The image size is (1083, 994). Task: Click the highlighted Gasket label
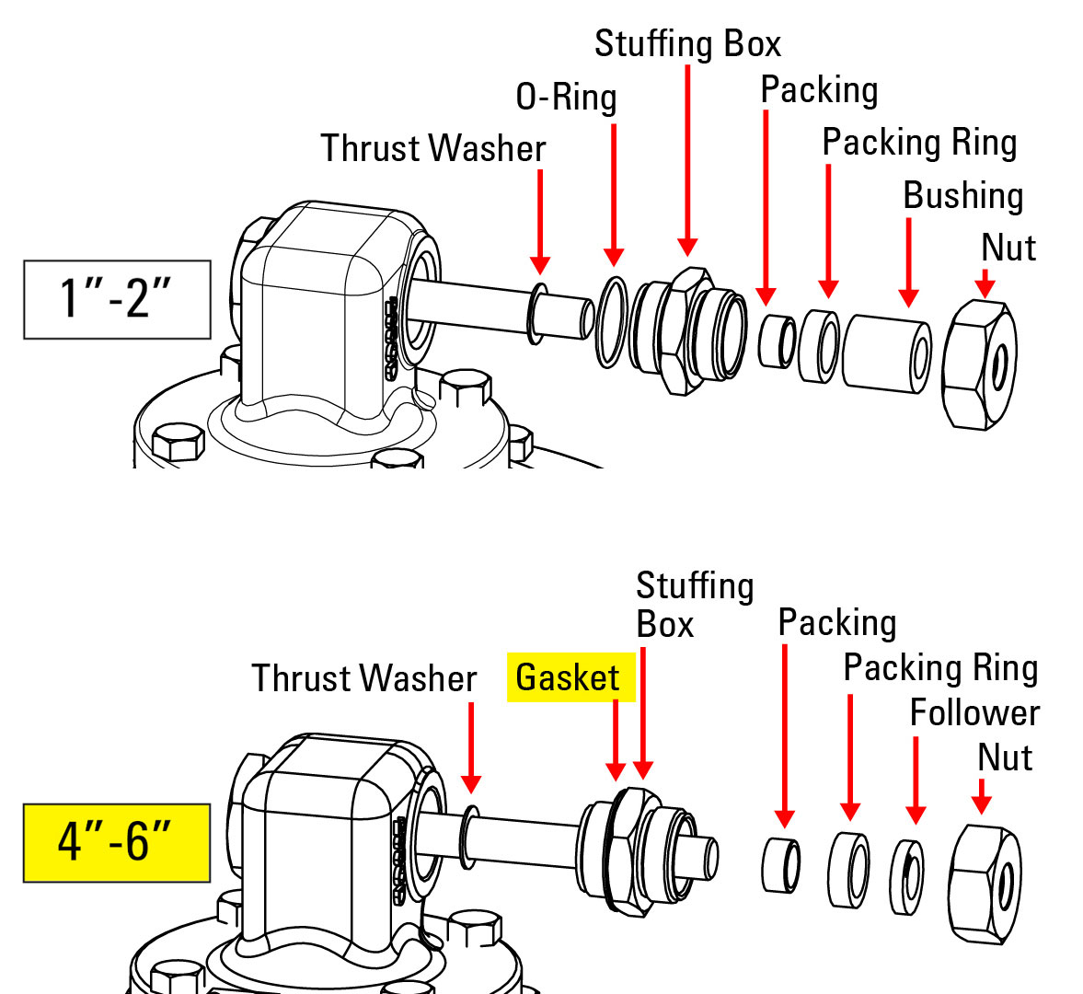click(x=570, y=678)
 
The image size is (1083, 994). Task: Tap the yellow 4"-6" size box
click(x=117, y=843)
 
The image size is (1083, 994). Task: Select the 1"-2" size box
click(x=117, y=299)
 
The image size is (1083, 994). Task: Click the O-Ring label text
click(x=566, y=97)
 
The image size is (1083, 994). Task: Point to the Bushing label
click(x=962, y=195)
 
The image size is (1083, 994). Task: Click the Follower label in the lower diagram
click(x=974, y=712)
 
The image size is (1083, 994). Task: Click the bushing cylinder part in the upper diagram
click(x=887, y=353)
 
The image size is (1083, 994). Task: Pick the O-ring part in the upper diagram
click(x=611, y=321)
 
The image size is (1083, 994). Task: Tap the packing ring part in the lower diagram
click(x=848, y=871)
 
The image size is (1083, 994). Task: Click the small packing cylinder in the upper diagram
click(x=778, y=341)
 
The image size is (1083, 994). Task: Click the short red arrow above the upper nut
click(x=985, y=283)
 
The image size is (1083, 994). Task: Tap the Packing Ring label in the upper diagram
click(x=918, y=143)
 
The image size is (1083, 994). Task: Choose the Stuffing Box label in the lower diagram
click(x=693, y=605)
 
